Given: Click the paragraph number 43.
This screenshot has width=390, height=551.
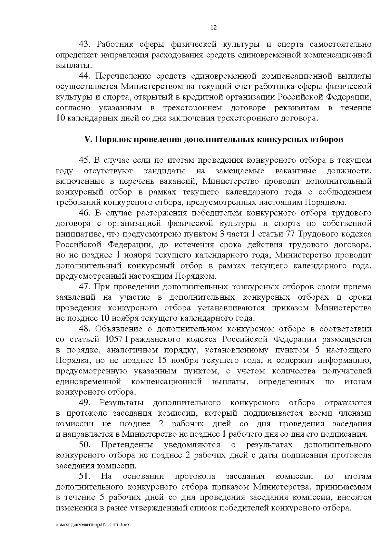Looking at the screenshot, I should coord(86,44).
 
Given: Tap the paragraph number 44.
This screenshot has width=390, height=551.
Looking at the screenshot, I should coord(86,76).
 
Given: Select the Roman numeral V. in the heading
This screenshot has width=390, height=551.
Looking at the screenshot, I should coord(89,140).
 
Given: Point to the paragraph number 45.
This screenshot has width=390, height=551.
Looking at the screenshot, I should coord(86,161).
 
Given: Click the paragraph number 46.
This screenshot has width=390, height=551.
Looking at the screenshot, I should coord(86,214).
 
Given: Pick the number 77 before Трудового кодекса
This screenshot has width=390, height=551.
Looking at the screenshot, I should coord(291,234).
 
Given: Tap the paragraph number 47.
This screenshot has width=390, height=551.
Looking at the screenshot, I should coord(86,287).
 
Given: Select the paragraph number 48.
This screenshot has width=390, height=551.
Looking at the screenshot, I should coord(86,329).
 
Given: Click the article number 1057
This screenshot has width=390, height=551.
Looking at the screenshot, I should coord(114,340).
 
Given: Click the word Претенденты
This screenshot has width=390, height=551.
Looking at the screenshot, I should coord(128,445).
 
